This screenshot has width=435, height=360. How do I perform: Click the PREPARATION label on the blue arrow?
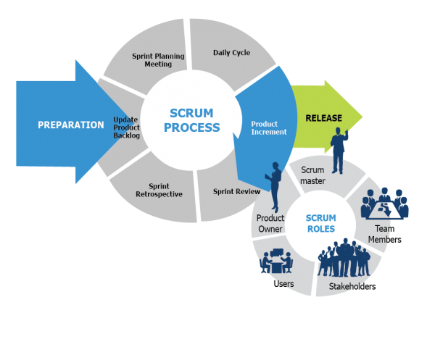pyautogui.click(x=70, y=125)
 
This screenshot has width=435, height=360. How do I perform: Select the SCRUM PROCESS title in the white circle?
pyautogui.click(x=191, y=120)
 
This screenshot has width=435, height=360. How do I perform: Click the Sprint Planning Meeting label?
pyautogui.click(x=157, y=59)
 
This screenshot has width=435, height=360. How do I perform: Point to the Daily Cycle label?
pyautogui.click(x=231, y=53)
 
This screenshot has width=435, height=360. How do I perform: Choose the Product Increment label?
pyautogui.click(x=269, y=127)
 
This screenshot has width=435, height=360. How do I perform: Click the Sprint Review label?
pyautogui.click(x=236, y=192)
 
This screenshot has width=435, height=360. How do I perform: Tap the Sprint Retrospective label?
pyautogui.click(x=159, y=191)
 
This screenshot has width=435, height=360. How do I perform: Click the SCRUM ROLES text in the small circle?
pyautogui.click(x=320, y=222)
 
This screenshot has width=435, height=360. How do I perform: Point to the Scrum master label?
pyautogui.click(x=313, y=175)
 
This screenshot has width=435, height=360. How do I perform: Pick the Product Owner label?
pyautogui.click(x=270, y=223)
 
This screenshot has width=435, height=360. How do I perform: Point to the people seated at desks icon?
pyautogui.click(x=275, y=262)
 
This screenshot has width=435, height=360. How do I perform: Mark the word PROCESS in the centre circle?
pyautogui.click(x=191, y=127)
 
